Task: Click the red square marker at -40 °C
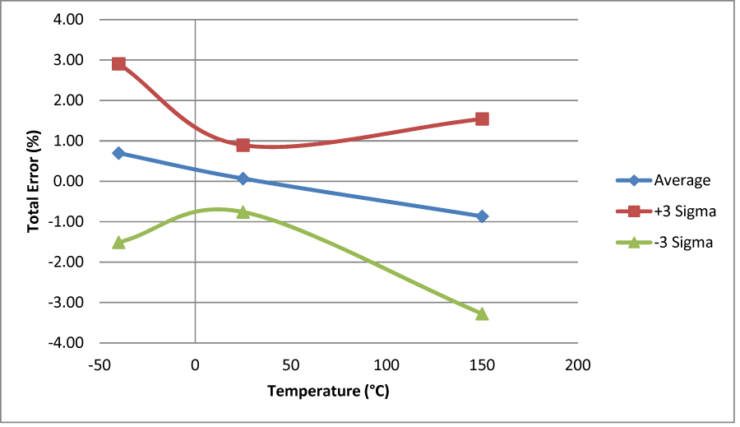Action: tap(118, 64)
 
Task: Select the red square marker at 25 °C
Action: tap(243, 145)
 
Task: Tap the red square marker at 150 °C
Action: tap(482, 119)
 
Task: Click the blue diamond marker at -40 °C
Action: tap(118, 153)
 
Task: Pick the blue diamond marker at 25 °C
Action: tap(243, 179)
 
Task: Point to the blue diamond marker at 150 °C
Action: tap(482, 216)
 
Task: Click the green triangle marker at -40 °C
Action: tap(118, 242)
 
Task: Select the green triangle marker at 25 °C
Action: tap(243, 211)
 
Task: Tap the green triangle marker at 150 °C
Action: tap(482, 313)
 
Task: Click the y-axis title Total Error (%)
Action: tap(34, 180)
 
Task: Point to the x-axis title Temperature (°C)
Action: tap(327, 391)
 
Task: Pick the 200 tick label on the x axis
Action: tap(578, 364)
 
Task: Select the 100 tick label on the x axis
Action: tap(386, 364)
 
